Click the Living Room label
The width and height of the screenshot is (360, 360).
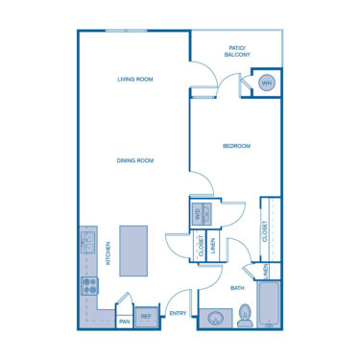135,79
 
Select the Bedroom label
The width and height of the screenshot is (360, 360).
236,146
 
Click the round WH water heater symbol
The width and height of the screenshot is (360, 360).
267,84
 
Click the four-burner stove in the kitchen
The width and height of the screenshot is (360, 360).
87,285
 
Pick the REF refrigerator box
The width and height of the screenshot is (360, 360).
147,316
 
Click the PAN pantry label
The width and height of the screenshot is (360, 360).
124,322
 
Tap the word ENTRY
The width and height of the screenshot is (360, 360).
178,314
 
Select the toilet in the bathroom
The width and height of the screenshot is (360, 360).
246,314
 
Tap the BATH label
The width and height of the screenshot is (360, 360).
236,287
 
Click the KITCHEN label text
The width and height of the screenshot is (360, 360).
108,253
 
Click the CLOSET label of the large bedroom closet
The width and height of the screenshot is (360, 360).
263,230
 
